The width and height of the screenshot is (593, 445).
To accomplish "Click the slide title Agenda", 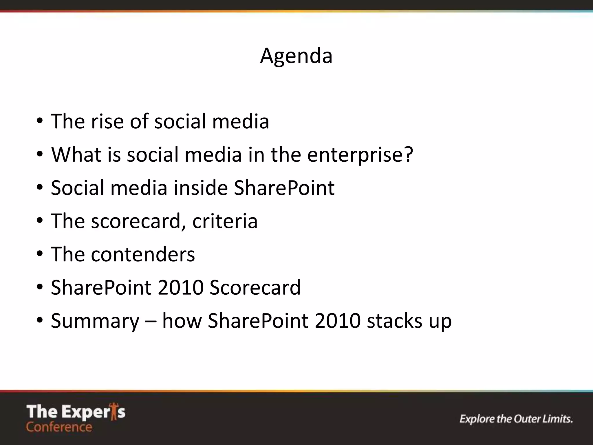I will pos(296,56).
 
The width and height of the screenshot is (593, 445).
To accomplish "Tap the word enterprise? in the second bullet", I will pos(360,155).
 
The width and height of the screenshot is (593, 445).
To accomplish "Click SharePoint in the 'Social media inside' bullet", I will pos(284,188).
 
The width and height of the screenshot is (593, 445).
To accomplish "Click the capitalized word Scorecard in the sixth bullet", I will pos(255,287).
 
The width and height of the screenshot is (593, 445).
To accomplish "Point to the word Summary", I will pos(95,321).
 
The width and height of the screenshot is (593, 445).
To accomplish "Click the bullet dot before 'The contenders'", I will pos(40,254).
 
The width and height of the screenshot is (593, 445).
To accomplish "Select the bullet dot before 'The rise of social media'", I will pos(40,121).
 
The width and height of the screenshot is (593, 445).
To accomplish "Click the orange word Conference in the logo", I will pos(59,427).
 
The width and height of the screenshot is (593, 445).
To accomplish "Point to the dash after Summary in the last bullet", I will pos(151,321).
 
